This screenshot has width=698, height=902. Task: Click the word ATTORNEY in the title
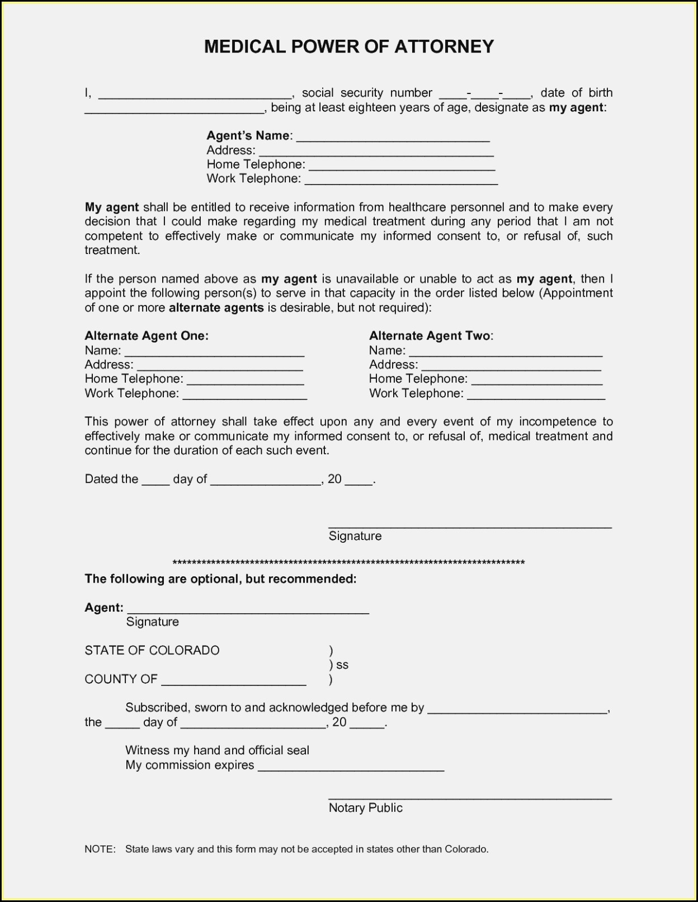445,46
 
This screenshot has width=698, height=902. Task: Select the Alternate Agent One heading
147,336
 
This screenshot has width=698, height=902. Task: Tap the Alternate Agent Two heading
431,336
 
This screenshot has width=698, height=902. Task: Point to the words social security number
367,93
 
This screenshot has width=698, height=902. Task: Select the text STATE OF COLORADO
152,650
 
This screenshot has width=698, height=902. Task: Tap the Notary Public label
366,808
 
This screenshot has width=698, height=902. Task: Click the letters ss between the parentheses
342,665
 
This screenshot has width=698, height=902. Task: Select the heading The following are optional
220,579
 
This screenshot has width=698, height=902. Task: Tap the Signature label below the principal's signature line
355,536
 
